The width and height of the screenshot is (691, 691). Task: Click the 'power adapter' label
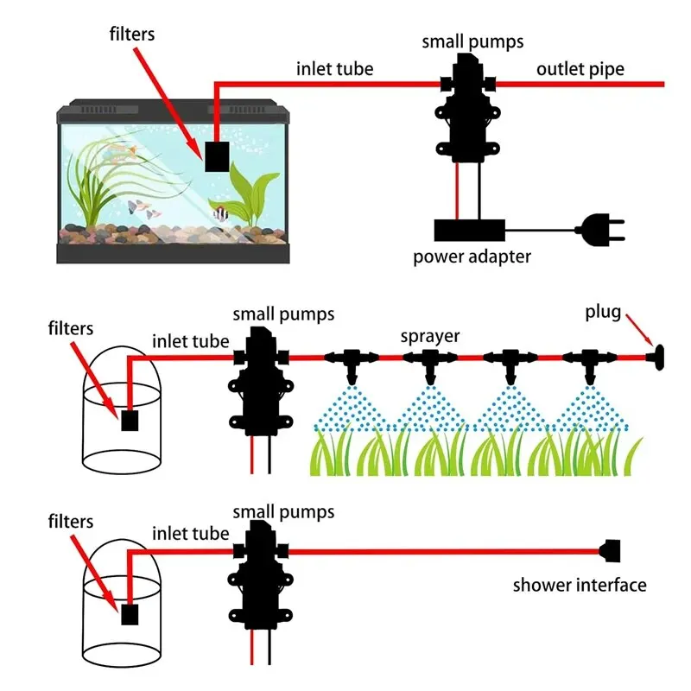[472, 257]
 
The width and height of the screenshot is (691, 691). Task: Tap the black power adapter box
[469, 230]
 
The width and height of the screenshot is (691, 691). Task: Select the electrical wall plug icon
[600, 230]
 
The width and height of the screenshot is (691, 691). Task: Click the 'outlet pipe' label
[580, 69]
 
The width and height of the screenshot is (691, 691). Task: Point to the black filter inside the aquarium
[217, 156]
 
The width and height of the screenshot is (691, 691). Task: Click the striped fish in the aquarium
[220, 212]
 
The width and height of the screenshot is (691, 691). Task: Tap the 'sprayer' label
[429, 337]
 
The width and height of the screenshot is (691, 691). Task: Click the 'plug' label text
[603, 312]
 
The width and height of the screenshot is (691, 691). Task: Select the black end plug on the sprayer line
[656, 358]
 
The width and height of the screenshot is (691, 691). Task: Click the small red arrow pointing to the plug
[639, 329]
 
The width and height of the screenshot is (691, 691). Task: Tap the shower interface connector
[610, 551]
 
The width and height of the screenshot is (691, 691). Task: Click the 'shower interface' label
[580, 586]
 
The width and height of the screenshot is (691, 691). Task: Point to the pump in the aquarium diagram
[467, 107]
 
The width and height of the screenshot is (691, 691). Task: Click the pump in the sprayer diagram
[261, 382]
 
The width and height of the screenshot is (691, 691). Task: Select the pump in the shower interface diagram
[261, 574]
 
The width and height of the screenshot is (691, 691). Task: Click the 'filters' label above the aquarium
[132, 34]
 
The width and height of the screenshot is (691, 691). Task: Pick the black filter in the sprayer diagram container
[130, 421]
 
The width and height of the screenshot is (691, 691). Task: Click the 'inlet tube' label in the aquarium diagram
[334, 69]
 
